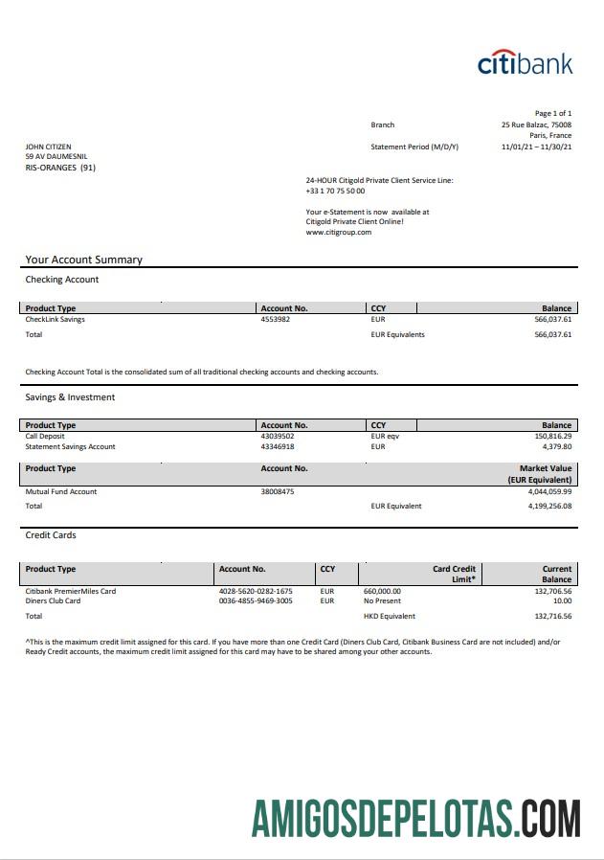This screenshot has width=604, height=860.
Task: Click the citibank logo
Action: point(525,63)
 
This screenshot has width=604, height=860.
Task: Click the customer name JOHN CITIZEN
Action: point(48,147)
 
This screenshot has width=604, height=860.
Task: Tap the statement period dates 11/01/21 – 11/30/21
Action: point(536,147)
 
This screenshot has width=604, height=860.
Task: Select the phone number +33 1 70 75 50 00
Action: point(335,191)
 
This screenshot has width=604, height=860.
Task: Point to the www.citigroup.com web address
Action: point(338,232)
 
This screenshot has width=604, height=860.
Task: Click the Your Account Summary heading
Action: point(83,260)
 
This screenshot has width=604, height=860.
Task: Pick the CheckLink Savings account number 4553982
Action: point(275,319)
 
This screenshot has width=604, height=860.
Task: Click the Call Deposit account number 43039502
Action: point(278,436)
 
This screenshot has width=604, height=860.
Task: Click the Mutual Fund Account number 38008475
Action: point(278,491)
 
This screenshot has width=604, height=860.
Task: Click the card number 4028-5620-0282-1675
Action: point(256,591)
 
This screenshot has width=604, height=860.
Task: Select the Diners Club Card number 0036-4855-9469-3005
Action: point(256,601)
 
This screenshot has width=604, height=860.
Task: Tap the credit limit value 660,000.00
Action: point(383,591)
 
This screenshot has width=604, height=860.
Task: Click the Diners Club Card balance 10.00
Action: point(562,601)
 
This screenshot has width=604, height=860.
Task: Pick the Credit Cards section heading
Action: point(51,535)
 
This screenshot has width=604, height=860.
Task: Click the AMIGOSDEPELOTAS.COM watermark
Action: point(415,819)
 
